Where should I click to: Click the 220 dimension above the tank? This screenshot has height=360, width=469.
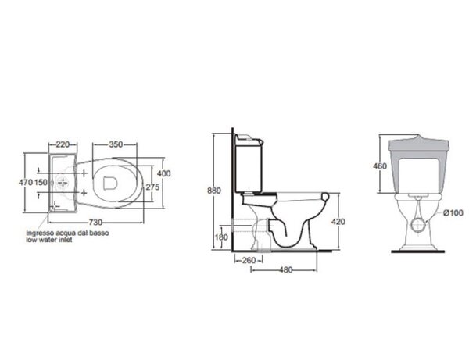63,144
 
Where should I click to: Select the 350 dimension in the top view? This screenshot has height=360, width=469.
116,144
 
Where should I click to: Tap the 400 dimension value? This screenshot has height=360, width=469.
163,173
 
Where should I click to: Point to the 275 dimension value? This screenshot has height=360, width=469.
152,187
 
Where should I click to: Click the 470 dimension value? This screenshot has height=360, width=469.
26,182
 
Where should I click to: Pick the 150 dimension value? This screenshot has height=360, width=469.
41,182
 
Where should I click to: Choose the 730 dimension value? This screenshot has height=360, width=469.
95,223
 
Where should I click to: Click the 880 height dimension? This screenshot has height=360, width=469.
214,191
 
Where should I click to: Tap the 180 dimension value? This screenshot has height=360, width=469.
221,237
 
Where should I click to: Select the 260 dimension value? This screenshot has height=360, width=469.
249,260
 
